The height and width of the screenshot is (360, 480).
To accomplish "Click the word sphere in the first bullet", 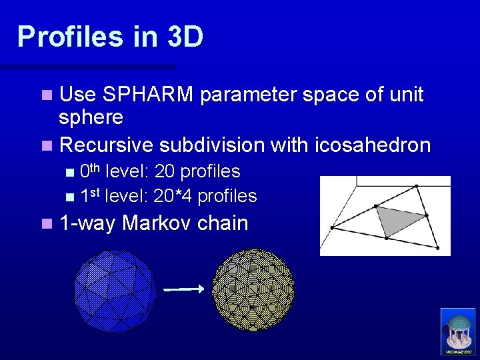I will pos(91,118).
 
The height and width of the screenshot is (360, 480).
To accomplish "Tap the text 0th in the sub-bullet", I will pos(90,171).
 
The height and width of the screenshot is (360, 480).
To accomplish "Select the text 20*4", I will pos(173,196).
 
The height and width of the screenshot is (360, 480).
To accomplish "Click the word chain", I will pos(223,223).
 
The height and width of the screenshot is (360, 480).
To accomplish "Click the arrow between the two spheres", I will pos(183,289).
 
